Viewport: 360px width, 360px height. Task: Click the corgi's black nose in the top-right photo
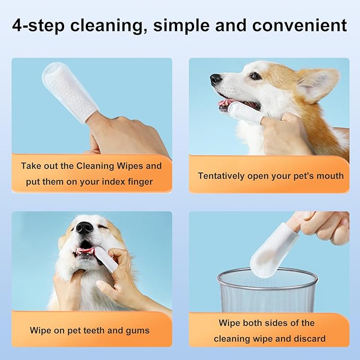(216, 80)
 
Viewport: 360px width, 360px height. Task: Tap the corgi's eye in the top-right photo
(256, 76)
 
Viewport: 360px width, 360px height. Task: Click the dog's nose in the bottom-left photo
(84, 228)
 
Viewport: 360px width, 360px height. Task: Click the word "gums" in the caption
(137, 330)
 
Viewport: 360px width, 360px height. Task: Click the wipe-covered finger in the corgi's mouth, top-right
(244, 111)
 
